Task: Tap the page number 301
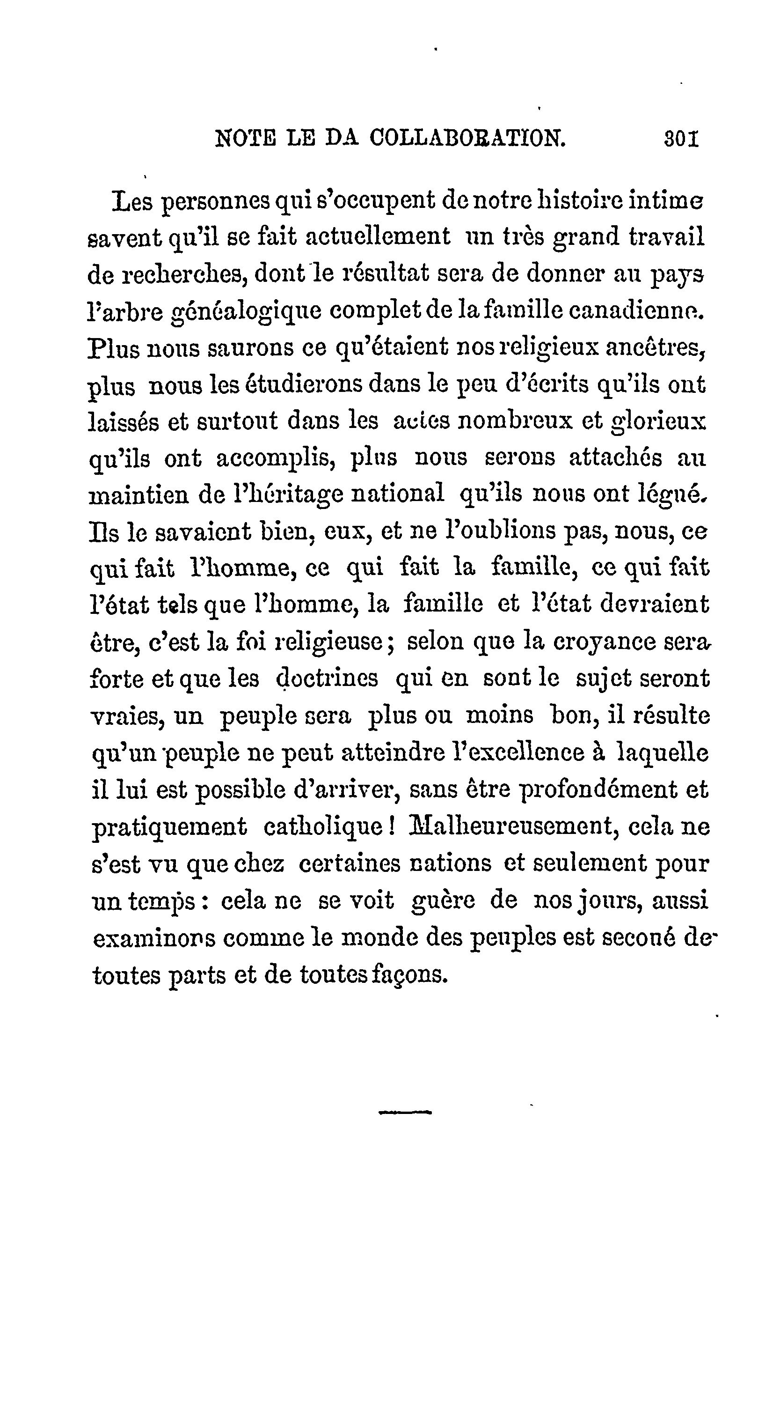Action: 681,138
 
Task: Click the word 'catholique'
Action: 328,827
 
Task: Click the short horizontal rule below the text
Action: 405,1113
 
